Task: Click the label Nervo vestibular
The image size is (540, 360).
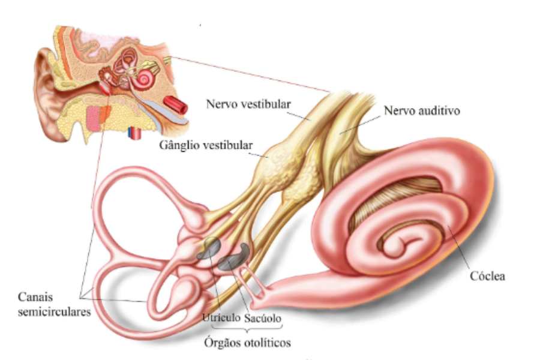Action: pyautogui.click(x=248, y=104)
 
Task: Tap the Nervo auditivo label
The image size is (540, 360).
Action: pyautogui.click(x=422, y=110)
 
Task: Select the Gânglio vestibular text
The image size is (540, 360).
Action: pyautogui.click(x=206, y=145)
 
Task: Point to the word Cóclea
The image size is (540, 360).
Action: pyautogui.click(x=487, y=276)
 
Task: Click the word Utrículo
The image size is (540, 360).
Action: pyautogui.click(x=221, y=317)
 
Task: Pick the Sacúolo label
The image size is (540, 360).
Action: pyautogui.click(x=263, y=318)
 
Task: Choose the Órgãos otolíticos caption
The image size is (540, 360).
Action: pyautogui.click(x=248, y=343)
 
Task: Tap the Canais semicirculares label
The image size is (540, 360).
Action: pyautogui.click(x=54, y=304)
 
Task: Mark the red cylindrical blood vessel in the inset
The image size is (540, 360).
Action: pyautogui.click(x=175, y=104)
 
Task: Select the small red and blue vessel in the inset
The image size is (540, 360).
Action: pyautogui.click(x=134, y=133)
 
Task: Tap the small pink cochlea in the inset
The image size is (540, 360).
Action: pyautogui.click(x=145, y=78)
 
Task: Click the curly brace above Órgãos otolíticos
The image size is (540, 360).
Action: pyautogui.click(x=247, y=328)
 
